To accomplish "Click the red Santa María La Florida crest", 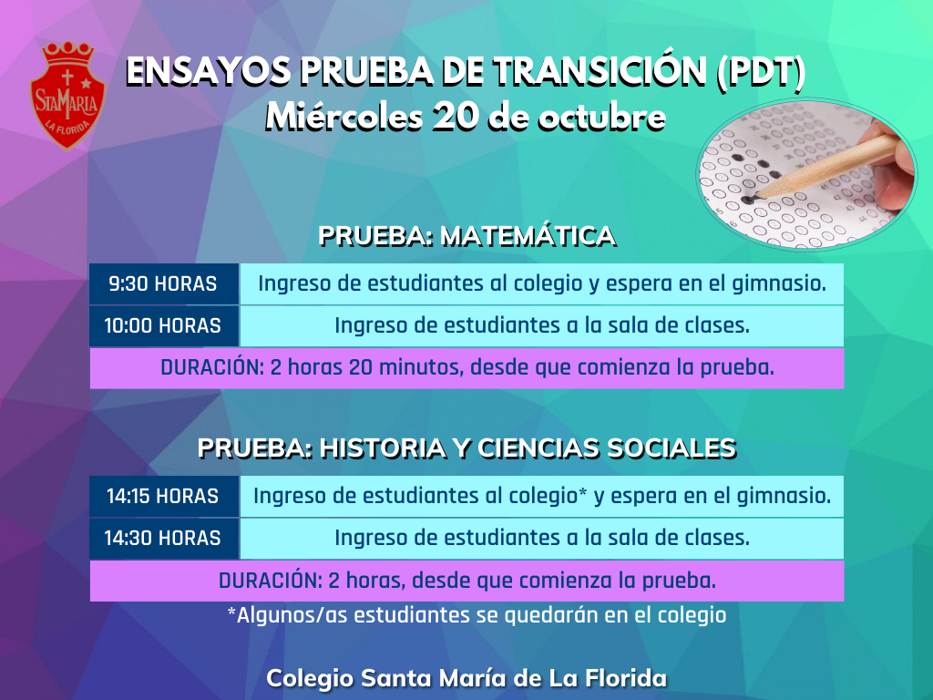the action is [67, 95].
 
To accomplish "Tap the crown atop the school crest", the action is [68, 54].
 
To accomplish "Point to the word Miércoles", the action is [343, 116].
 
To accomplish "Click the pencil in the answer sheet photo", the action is [827, 167].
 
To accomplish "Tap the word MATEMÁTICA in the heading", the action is [528, 236].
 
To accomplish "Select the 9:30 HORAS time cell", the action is [164, 284].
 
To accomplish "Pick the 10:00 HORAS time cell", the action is [164, 325].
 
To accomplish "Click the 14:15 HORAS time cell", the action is [164, 496].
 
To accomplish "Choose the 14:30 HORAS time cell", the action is [164, 538].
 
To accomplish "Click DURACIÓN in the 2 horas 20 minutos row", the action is [211, 367].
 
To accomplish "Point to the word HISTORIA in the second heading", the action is [382, 448].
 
